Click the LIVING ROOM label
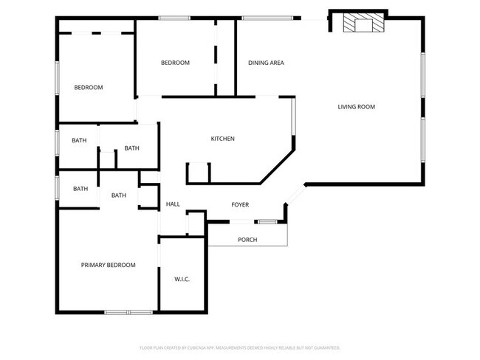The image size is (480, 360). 357,107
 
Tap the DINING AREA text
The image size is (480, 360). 266,63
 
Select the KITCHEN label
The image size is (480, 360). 223,139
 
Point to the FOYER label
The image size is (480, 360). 240,204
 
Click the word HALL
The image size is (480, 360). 173,204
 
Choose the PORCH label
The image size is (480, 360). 247,240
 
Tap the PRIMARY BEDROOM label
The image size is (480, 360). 109,265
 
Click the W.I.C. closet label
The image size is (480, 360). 182,279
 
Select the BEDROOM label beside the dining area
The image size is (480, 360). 175,63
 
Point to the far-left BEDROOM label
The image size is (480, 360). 89,88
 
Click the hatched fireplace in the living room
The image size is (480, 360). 363,24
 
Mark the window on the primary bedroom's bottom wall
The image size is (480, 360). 128,312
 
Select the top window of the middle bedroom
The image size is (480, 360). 174,18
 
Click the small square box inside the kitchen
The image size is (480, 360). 199,173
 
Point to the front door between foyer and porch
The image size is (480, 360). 267,221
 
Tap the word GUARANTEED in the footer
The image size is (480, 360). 326,347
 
